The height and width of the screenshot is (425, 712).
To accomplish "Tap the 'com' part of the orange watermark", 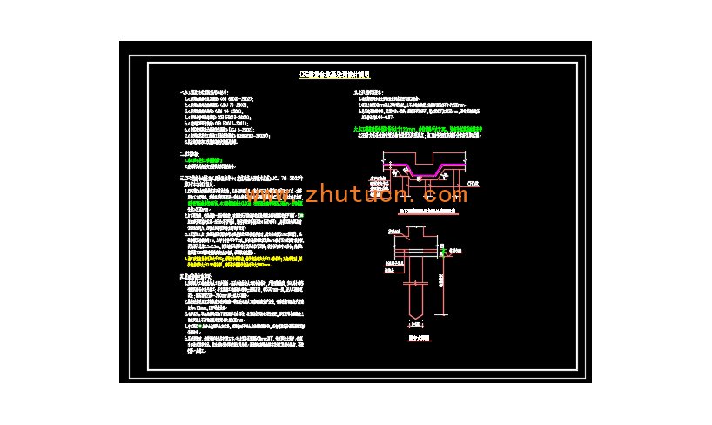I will pos(446,193).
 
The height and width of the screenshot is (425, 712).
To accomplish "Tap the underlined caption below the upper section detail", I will pos(420,212).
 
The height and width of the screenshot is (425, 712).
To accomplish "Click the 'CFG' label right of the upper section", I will pos(474,184).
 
